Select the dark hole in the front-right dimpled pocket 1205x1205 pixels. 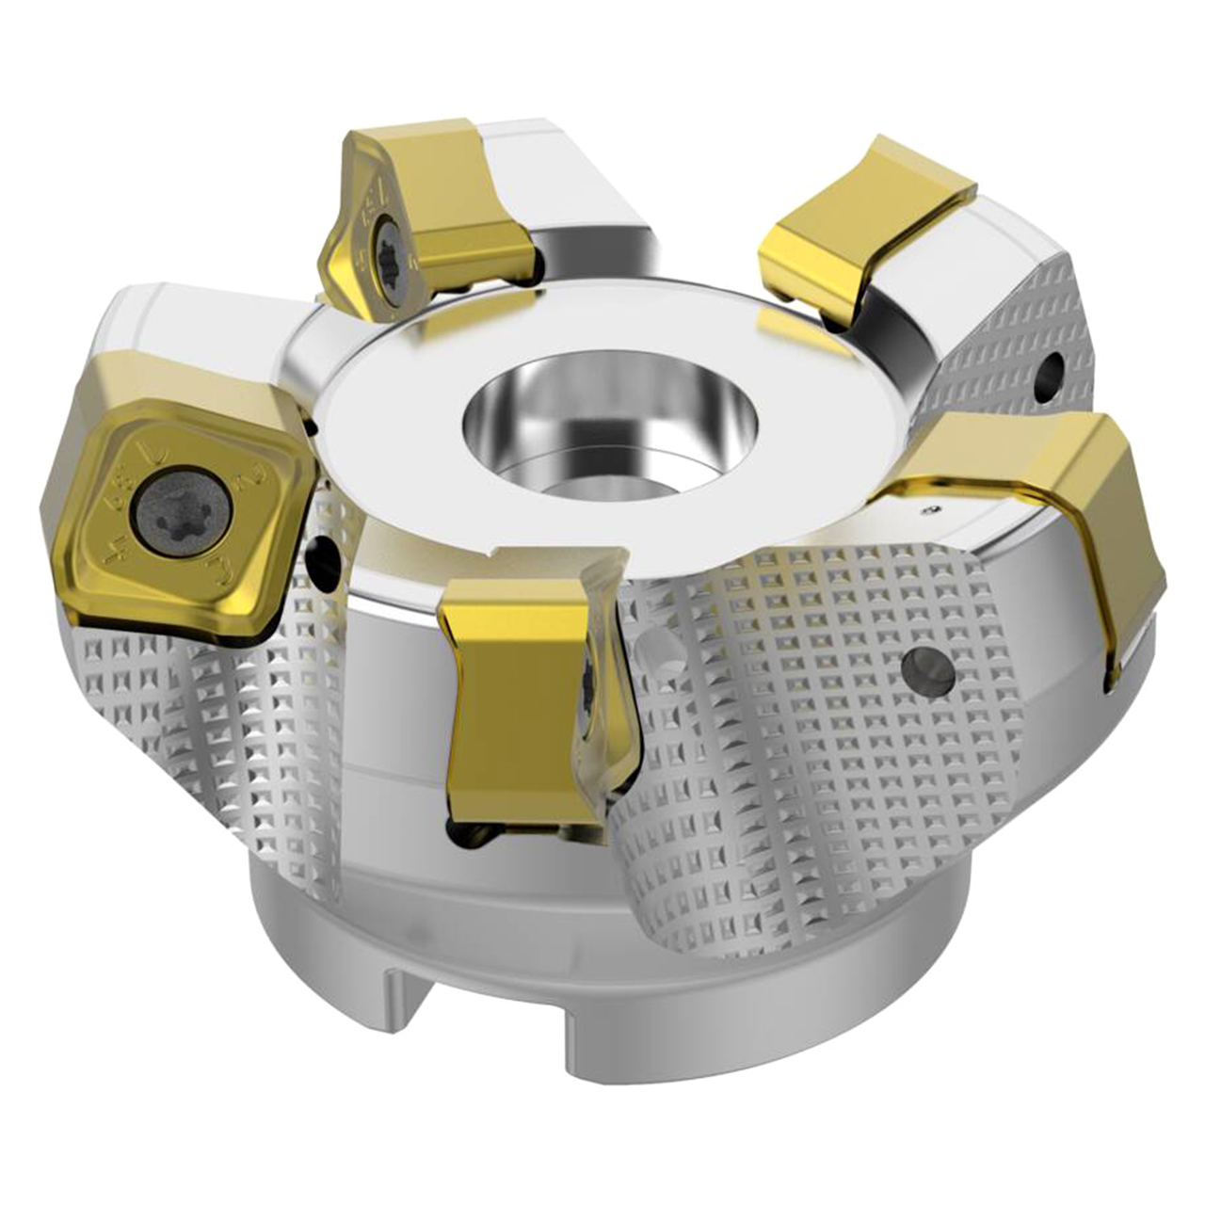[x=926, y=670]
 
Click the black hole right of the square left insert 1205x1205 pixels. [x=326, y=559]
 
